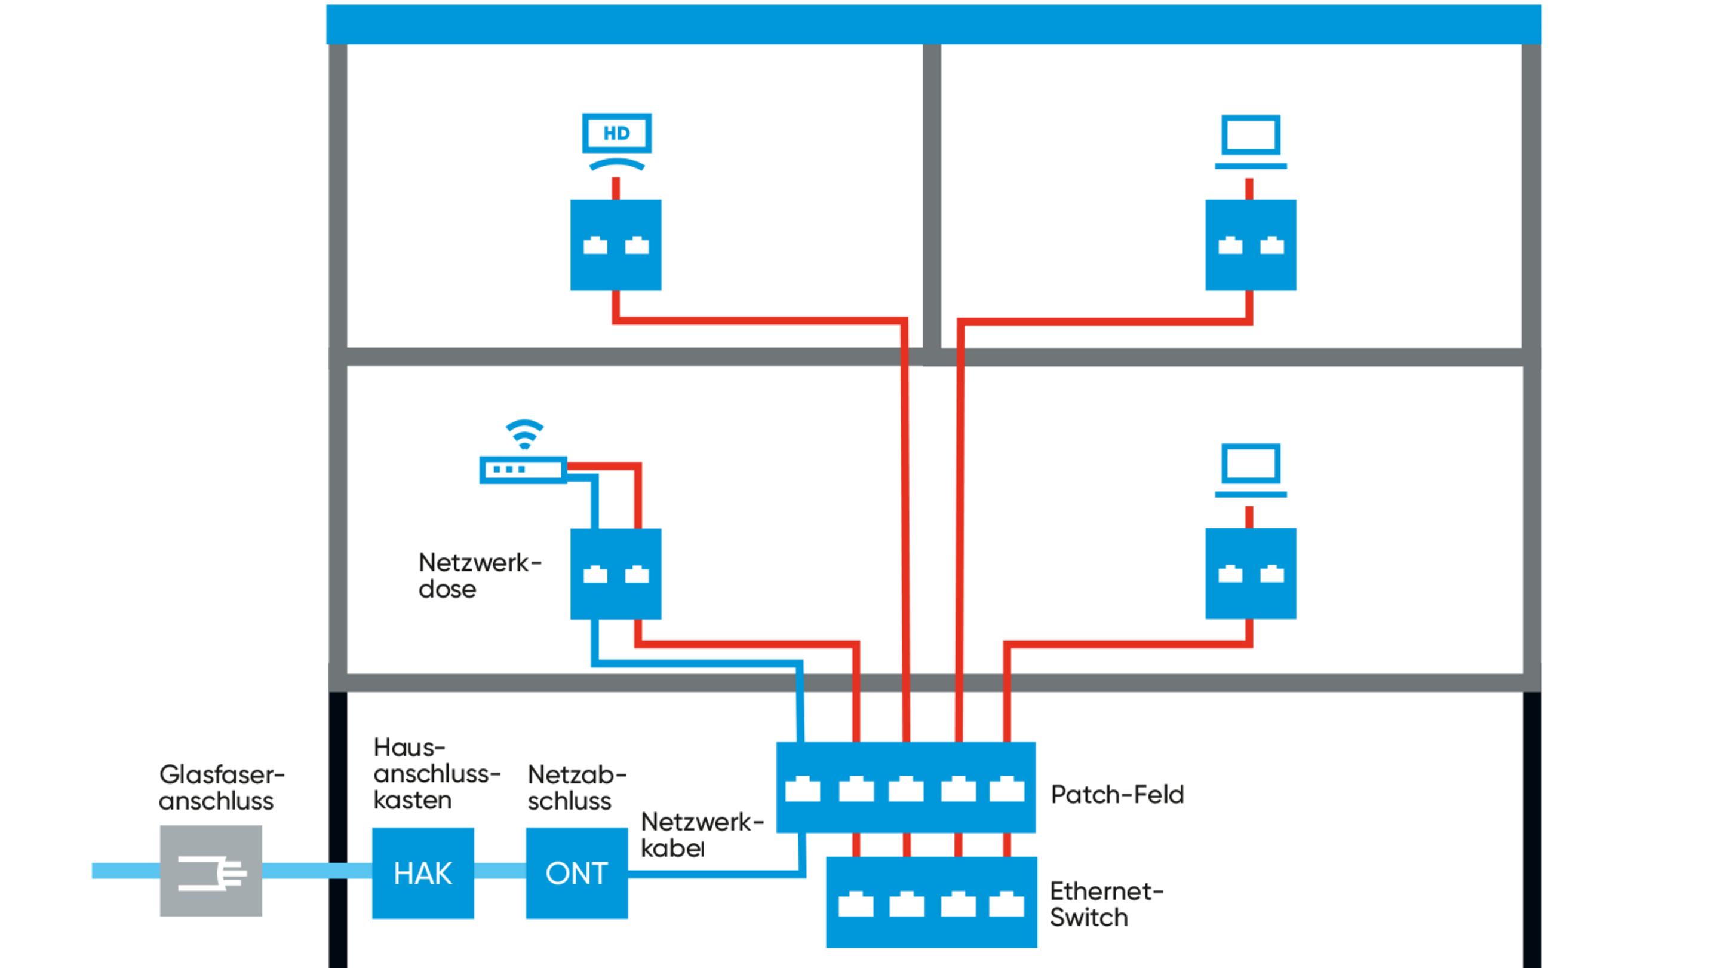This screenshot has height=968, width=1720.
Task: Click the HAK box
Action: click(423, 872)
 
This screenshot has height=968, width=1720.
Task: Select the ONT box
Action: click(576, 872)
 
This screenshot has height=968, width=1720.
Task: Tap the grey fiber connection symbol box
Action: click(210, 871)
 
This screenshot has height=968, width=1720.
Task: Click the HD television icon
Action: click(616, 141)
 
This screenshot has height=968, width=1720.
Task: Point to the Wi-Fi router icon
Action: click(523, 469)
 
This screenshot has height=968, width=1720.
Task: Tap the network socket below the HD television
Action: click(616, 244)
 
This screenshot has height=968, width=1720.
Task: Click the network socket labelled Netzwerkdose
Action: click(616, 574)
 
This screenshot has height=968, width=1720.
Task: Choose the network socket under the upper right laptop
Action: click(1251, 244)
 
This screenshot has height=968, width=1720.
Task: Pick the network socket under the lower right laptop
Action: click(1251, 573)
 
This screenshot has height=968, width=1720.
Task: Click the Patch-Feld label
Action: click(1117, 794)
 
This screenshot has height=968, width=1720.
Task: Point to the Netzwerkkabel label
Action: click(701, 834)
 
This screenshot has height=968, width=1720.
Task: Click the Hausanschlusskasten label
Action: click(435, 773)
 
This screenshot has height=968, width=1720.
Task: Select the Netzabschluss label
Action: click(576, 787)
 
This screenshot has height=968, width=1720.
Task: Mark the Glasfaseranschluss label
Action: click(220, 787)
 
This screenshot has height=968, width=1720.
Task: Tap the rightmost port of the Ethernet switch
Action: click(1006, 905)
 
